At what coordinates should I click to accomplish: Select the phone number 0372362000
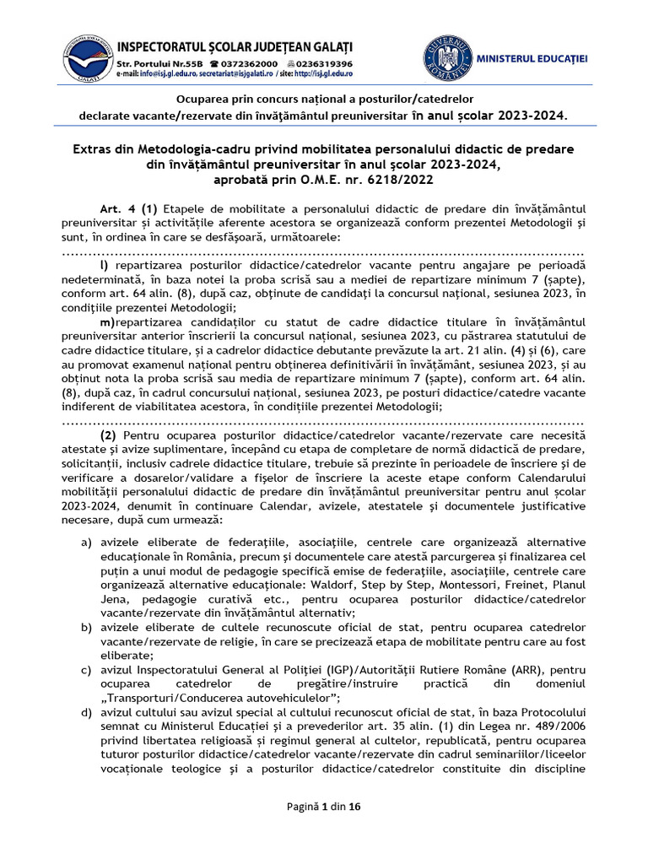250,64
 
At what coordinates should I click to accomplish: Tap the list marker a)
86,542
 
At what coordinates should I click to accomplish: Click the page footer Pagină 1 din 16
324,807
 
